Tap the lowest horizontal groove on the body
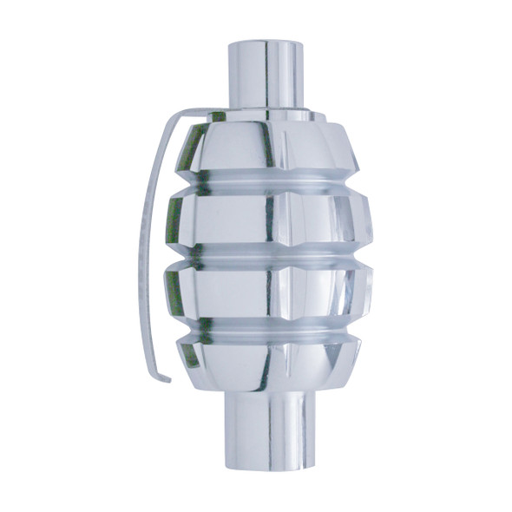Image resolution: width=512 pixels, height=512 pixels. (269, 330)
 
